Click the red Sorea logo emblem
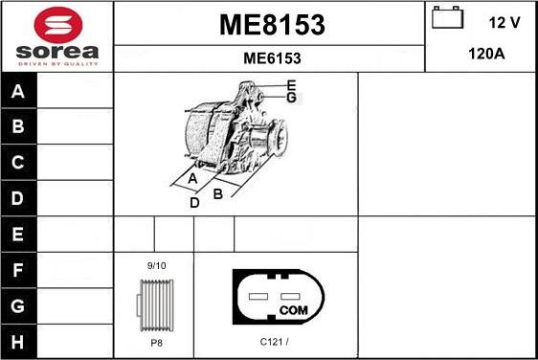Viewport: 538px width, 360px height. [58, 25]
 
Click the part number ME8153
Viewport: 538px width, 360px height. [272, 25]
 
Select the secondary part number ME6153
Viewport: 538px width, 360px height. [272, 58]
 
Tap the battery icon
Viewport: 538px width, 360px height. [447, 17]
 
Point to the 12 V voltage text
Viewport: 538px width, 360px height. [504, 23]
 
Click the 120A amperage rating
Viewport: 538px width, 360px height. [486, 54]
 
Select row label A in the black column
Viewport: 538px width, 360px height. [18, 91]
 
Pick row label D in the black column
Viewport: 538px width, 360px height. [18, 198]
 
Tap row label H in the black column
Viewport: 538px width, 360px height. [18, 342]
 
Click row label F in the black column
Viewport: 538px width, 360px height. [18, 270]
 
